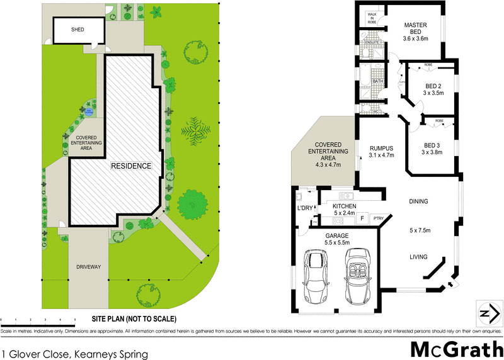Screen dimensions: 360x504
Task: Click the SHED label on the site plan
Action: [77, 30]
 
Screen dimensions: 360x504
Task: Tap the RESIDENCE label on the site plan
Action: [131, 166]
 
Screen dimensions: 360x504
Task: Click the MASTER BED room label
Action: [415, 29]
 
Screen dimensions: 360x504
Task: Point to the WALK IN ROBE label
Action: [371, 17]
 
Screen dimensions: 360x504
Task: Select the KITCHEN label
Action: [345, 206]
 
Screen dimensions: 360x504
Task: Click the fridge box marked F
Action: [362, 219]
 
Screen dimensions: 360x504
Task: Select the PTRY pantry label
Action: [378, 219]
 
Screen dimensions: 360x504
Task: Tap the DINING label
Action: [418, 202]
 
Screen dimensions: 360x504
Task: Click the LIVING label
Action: [418, 257]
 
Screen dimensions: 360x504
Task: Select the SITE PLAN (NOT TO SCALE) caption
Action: [134, 318]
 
